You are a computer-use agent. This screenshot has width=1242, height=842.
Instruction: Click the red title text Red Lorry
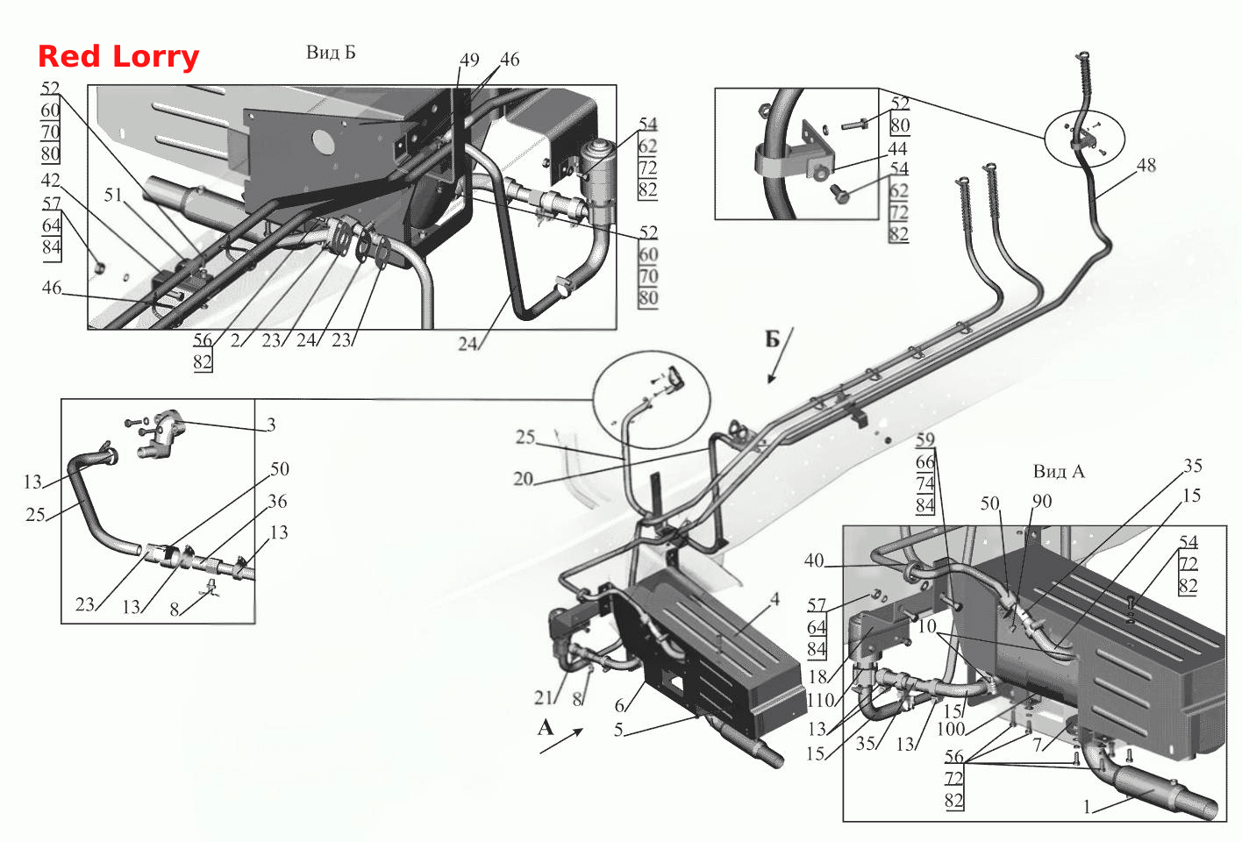118,57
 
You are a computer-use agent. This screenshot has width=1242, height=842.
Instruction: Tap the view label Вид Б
331,52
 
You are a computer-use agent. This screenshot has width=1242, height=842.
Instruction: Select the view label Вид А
1059,471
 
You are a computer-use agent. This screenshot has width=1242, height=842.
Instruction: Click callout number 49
469,60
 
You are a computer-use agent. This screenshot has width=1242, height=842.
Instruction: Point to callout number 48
1146,165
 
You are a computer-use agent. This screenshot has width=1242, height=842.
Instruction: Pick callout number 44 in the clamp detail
897,148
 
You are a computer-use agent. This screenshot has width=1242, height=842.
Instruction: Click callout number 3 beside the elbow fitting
270,425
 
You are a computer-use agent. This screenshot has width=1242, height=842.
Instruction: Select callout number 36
277,501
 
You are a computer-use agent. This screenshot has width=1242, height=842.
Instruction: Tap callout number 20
523,478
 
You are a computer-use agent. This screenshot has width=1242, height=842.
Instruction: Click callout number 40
814,560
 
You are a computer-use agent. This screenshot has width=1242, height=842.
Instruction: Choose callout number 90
1042,501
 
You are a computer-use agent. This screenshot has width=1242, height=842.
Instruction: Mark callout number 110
821,700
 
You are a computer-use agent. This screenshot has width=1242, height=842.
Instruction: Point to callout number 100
951,728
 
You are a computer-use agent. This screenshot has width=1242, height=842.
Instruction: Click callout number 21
544,697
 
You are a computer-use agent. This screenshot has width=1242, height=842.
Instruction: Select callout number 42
51,180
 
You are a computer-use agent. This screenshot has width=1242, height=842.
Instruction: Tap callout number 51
113,195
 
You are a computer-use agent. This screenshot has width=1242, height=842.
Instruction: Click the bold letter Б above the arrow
773,339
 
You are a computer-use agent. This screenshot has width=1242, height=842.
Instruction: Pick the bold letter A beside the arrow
546,727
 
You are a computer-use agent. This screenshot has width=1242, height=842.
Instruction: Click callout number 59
924,439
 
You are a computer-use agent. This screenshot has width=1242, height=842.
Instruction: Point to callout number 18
817,677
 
